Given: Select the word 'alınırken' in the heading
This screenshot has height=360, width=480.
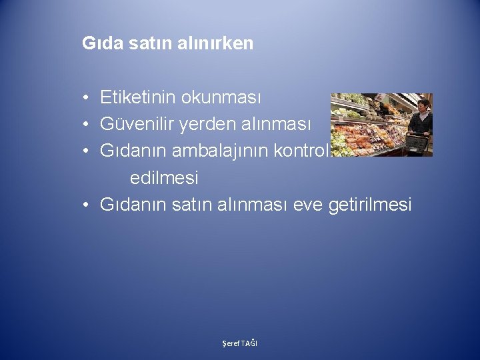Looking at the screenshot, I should point(221,44).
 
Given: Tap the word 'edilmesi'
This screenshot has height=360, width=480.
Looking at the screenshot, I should point(164,178).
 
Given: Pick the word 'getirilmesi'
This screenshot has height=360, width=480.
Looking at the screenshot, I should point(370,205).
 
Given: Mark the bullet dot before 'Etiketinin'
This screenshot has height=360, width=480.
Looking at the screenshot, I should point(87,99).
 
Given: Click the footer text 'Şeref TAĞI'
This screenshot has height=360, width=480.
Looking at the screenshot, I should point(239,343).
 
